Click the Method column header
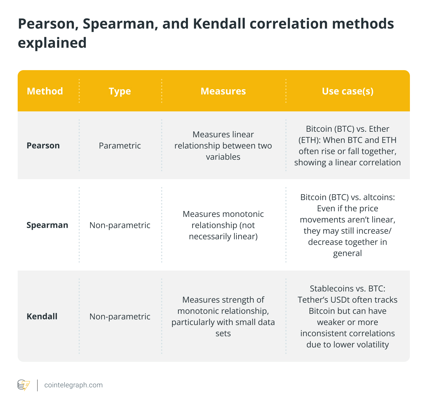[45, 91]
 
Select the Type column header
[120, 91]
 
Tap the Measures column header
[223, 91]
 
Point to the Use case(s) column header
[347, 91]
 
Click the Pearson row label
[43, 146]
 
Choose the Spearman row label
[47, 225]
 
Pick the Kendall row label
[42, 316]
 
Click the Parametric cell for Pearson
[120, 146]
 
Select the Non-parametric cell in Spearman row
[120, 225]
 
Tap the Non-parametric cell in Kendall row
[120, 316]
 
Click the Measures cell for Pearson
[223, 146]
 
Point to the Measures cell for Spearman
[223, 225]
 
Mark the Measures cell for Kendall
[223, 316]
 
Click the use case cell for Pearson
[347, 146]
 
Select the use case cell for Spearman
[347, 225]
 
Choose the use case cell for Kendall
[347, 316]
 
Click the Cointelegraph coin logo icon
[24, 385]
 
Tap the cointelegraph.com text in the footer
[73, 385]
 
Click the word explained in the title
[52, 43]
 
